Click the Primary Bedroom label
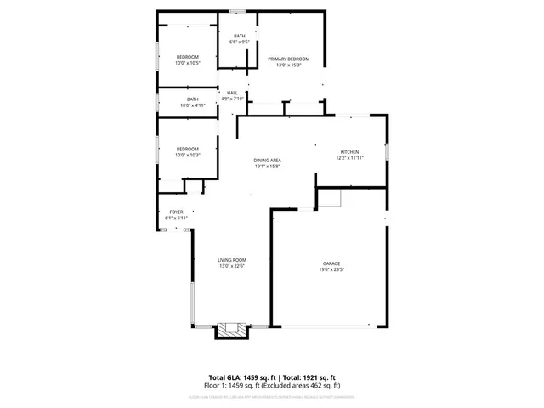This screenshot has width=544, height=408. [x=288, y=59]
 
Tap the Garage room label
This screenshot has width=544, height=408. [x=331, y=263]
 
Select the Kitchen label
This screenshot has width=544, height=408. [x=350, y=151]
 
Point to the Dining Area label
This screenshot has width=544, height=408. [x=267, y=160]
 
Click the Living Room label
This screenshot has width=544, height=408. [x=231, y=260]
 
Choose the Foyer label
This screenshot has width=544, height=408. [x=176, y=212]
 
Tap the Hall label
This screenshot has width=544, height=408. [x=232, y=93]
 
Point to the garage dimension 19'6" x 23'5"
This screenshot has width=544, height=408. [x=331, y=269]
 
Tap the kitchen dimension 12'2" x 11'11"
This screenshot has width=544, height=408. [x=350, y=157]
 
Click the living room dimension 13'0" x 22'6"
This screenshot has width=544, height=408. [x=231, y=266]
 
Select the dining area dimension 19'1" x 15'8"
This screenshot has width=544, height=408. [x=267, y=166]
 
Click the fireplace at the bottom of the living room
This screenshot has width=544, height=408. [x=229, y=330]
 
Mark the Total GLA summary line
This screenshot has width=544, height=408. [x=273, y=377]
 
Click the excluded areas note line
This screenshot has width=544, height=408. [x=273, y=385]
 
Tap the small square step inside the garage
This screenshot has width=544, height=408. [x=330, y=197]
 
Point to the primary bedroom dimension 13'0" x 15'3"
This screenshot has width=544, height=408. [x=288, y=65]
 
